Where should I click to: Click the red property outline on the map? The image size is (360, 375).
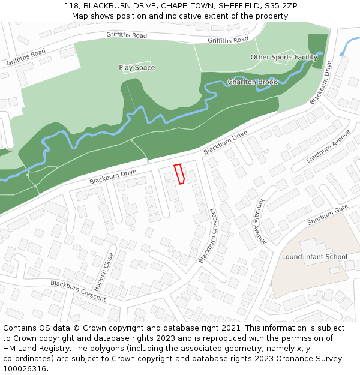pos(179,173)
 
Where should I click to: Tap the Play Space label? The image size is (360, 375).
pos(137,68)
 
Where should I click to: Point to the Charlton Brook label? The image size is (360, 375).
pos(253,82)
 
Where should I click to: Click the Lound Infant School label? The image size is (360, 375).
pos(314,257)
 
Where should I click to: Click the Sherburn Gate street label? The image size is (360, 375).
pos(328,214)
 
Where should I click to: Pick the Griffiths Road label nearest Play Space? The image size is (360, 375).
pos(127,35)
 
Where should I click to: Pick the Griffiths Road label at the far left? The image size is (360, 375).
pos(26,57)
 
